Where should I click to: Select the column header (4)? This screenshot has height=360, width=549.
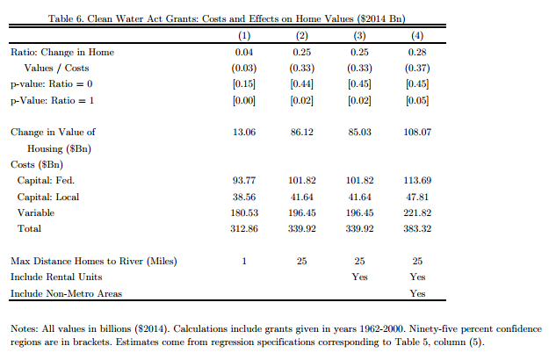click(x=417, y=36)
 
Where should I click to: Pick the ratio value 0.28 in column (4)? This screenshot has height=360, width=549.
click(x=417, y=53)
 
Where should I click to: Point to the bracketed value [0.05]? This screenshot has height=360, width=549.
click(x=417, y=100)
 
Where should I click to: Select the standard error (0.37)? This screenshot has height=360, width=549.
click(x=417, y=68)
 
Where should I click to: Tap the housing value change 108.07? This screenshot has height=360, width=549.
click(x=417, y=133)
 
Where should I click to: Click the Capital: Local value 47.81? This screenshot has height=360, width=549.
click(x=417, y=198)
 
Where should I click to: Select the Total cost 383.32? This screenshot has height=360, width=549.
click(x=417, y=229)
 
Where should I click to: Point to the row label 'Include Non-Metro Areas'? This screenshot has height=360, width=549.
click(x=66, y=293)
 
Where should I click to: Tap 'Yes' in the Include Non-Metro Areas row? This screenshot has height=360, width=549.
click(x=417, y=293)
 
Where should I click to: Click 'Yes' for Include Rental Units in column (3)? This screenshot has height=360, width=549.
click(x=359, y=277)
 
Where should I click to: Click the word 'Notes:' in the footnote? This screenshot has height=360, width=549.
click(x=25, y=328)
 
